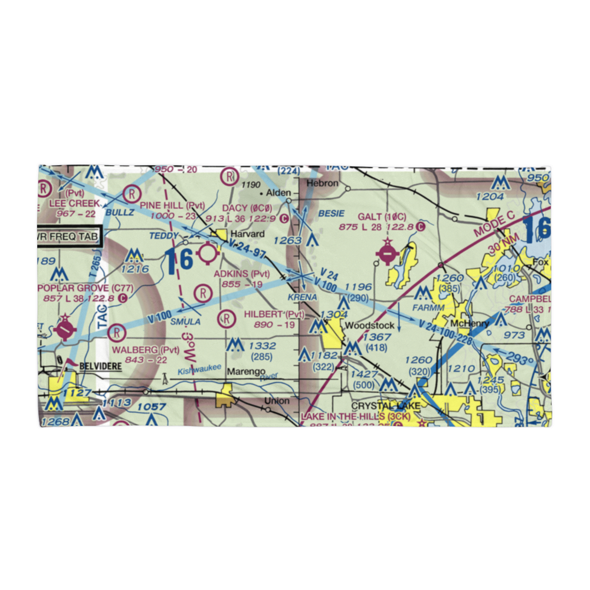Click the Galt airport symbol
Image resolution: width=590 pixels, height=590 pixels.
point(386,255)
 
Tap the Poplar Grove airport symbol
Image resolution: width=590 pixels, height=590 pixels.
point(64,327)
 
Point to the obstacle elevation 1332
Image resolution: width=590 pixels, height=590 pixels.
point(262,345)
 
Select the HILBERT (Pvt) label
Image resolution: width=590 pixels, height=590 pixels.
point(274,314)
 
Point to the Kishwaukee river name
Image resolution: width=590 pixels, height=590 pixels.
point(199,369)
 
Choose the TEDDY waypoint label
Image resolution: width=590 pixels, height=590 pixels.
point(163,236)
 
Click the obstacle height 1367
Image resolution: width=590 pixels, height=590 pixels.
point(377,337)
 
